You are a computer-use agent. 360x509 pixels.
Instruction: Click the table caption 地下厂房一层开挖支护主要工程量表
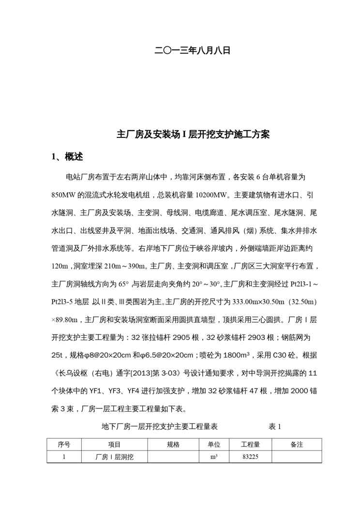point(160,426)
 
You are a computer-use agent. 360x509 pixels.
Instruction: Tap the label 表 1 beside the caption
point(274,426)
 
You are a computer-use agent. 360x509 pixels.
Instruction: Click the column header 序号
point(64,444)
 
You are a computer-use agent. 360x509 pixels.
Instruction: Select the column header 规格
point(173,444)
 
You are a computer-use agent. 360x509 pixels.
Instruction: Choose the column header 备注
point(296,444)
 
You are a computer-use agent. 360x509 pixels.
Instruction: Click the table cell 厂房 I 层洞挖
point(115,456)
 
